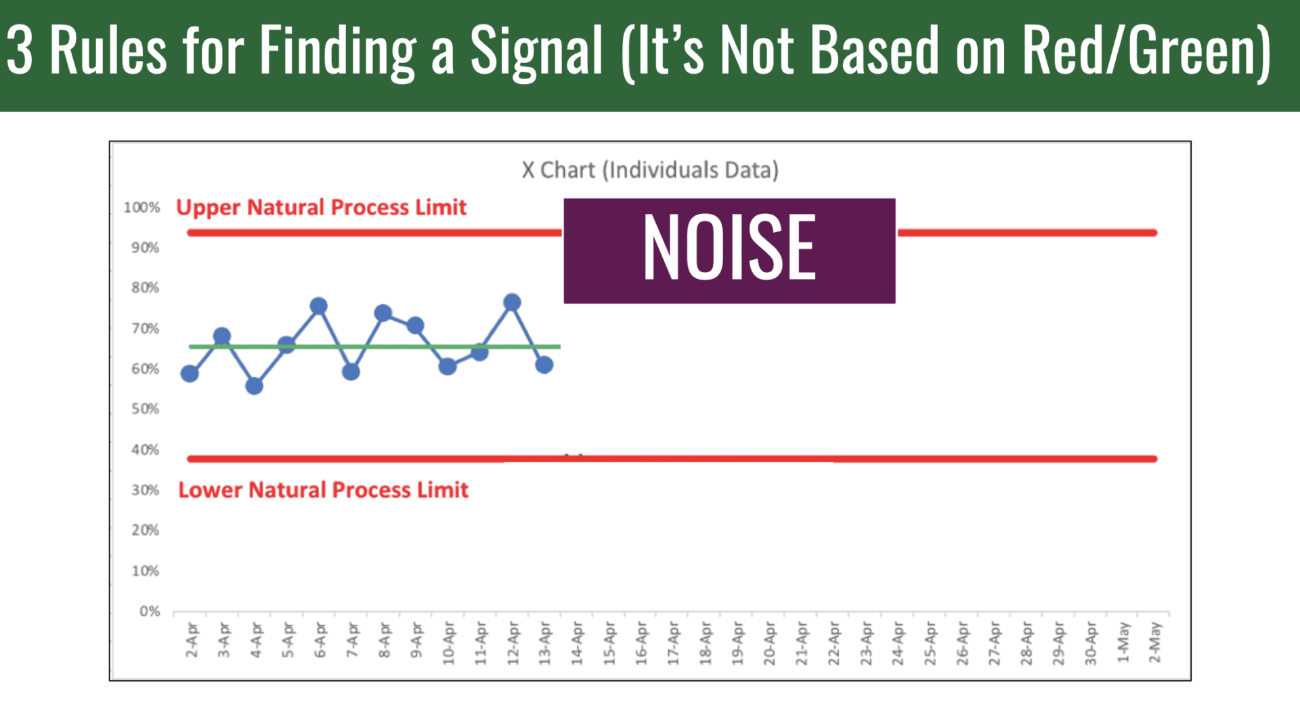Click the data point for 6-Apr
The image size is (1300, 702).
[x=319, y=307]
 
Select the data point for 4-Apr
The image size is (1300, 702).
[x=255, y=386]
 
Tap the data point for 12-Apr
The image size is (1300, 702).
[x=512, y=303]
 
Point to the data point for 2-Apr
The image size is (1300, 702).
[x=190, y=374]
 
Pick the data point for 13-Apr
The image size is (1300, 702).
[x=544, y=365]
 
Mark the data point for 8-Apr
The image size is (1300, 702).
[x=383, y=313]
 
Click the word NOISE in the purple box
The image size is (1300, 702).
[x=729, y=248]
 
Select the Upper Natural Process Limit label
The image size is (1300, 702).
[x=321, y=207]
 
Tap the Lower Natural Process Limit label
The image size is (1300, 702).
[x=323, y=489]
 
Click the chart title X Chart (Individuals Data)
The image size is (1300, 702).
[x=650, y=170]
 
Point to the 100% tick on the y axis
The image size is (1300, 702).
[x=142, y=207]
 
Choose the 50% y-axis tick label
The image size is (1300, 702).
[x=145, y=409]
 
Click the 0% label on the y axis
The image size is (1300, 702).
[x=150, y=611]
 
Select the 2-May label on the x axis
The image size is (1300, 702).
[x=1155, y=642]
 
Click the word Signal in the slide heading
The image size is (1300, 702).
[x=536, y=51]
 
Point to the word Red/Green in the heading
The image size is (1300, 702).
[x=1146, y=51]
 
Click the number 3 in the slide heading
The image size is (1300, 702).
[x=20, y=51]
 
